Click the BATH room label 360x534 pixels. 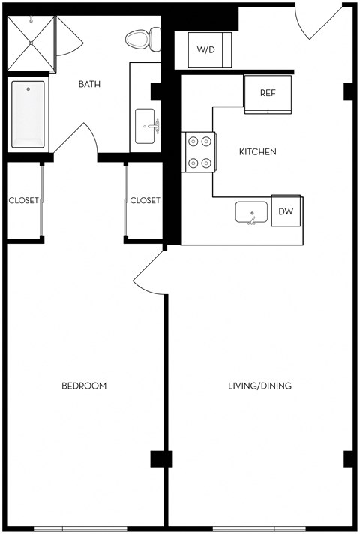coord(91,84)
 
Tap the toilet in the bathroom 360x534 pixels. coord(142,37)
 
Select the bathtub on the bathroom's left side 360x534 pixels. coord(28,115)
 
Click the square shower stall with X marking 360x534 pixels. coord(31,42)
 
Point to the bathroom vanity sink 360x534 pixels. coord(146,126)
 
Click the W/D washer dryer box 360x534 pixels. coord(205,50)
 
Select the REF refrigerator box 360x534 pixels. coord(267,94)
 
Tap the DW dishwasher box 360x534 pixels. coord(286,212)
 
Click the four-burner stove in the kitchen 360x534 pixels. coord(199,151)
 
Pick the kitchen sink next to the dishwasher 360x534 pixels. coord(252,213)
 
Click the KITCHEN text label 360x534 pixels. coord(257,152)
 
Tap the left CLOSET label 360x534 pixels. coord(23,200)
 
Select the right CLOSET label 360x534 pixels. coord(145,200)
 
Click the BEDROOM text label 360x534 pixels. coord(84,385)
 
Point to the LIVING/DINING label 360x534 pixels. coord(259,385)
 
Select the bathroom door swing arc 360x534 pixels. coord(75,137)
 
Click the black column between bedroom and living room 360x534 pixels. coord(160,458)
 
